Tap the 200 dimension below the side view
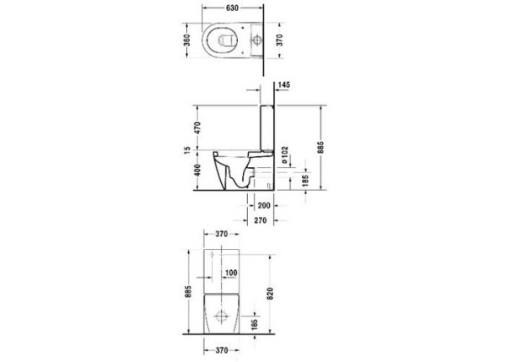click(x=263, y=205)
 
